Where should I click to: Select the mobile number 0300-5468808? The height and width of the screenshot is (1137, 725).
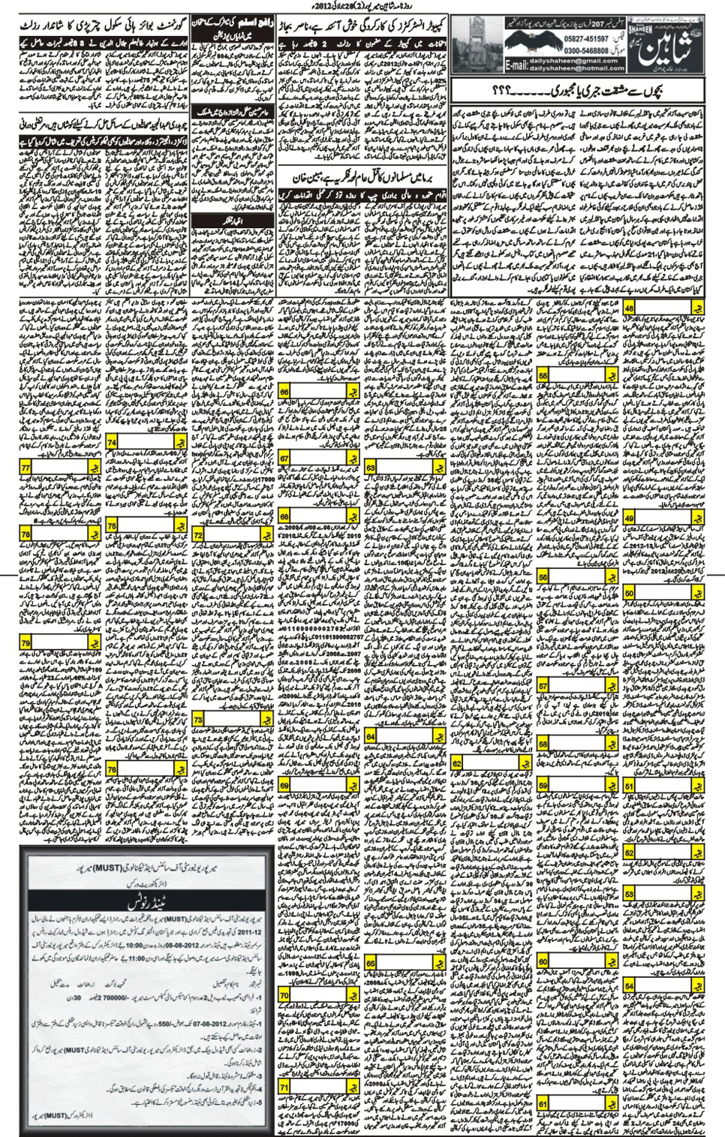[586, 50]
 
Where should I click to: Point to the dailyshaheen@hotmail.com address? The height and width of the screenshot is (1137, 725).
[578, 68]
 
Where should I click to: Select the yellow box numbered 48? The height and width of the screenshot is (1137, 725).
[629, 308]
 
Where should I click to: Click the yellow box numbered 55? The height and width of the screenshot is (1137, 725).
[543, 374]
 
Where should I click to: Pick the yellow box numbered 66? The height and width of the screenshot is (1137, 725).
[284, 392]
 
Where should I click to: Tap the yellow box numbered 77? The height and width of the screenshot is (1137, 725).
[26, 468]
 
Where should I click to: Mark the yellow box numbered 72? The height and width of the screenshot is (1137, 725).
[198, 535]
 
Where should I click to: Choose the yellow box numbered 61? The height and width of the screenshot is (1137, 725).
[543, 1104]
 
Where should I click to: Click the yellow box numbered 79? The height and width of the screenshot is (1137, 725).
[26, 643]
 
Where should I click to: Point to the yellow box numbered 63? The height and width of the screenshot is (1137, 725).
[370, 468]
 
